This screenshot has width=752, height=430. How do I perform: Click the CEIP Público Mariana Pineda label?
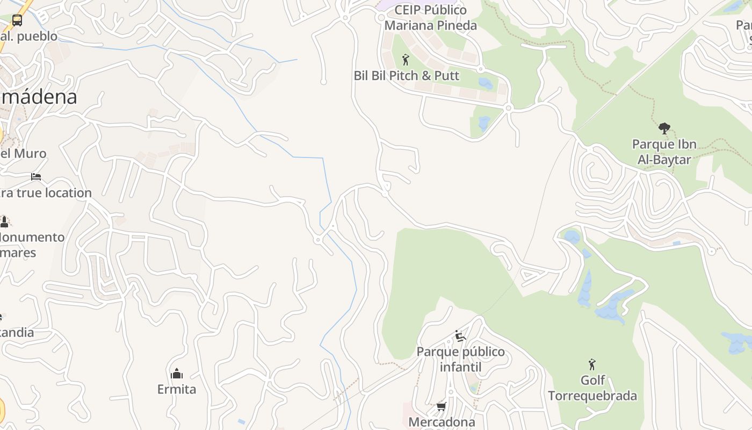click(430, 18)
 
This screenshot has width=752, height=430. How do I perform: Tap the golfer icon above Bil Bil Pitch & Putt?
click(406, 59)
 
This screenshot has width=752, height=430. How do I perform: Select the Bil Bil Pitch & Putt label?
click(407, 76)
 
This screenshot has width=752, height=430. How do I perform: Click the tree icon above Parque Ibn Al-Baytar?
click(664, 128)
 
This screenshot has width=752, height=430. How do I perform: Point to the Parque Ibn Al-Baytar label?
click(664, 152)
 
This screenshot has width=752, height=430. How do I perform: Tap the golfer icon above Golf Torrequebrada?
click(592, 364)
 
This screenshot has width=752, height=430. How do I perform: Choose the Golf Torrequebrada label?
click(592, 388)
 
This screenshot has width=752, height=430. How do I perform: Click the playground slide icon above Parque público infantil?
click(460, 336)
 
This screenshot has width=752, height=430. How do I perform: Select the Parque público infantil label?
click(461, 360)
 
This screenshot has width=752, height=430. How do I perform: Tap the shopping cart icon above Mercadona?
click(442, 406)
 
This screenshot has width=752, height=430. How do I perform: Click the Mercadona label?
click(442, 422)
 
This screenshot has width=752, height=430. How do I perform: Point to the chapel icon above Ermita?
click(177, 374)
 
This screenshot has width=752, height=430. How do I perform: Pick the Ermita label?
click(177, 389)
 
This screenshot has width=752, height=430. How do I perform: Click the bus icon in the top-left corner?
click(17, 20)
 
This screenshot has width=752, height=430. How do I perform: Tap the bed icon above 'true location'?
click(36, 176)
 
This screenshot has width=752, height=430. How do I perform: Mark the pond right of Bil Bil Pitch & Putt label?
click(486, 83)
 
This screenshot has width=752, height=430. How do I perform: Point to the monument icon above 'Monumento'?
click(4, 221)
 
